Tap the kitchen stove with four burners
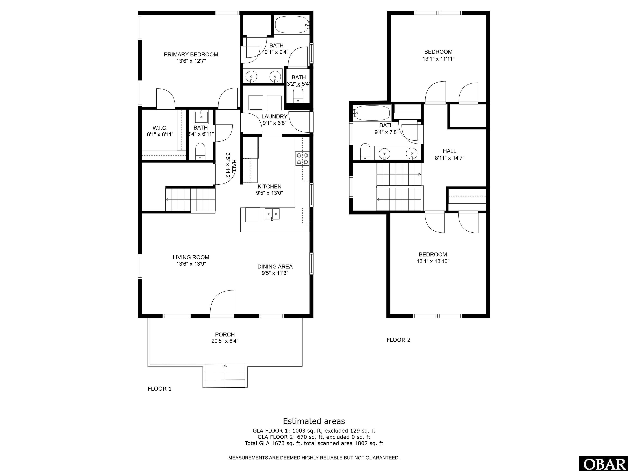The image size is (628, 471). click(x=302, y=159)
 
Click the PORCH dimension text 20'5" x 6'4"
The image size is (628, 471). click(x=225, y=341)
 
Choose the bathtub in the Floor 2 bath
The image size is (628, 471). click(x=371, y=113)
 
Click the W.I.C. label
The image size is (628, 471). click(x=160, y=128)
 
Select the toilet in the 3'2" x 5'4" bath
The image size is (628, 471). click(x=298, y=94)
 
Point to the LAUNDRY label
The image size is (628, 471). click(x=274, y=116)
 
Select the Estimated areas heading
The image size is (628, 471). click(x=314, y=421)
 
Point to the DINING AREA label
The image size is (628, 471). click(x=275, y=267)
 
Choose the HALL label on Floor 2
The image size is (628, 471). click(x=449, y=151)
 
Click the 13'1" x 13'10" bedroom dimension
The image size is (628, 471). click(x=433, y=261)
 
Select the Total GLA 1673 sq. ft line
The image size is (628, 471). click(x=314, y=443)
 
